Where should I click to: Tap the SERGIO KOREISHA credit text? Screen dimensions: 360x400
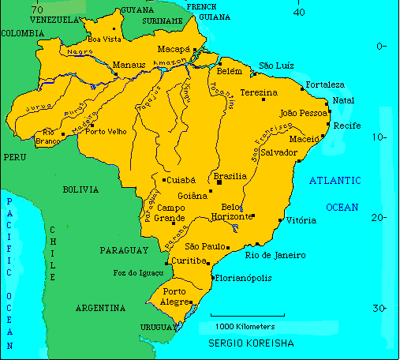251,344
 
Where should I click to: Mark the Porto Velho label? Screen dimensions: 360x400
107,132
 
